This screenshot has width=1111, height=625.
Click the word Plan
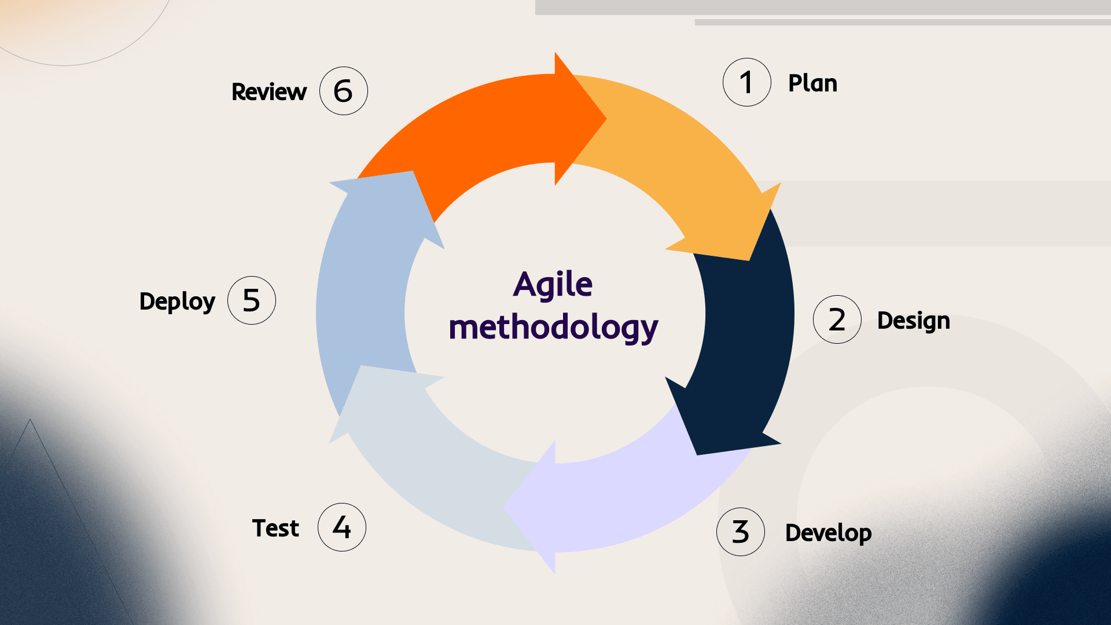click(x=812, y=83)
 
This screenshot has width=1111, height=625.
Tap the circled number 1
click(x=746, y=82)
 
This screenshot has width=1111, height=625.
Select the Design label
click(x=913, y=321)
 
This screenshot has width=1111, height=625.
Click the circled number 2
click(x=837, y=319)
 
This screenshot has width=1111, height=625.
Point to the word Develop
click(x=828, y=533)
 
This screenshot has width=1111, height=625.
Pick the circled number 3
click(x=740, y=532)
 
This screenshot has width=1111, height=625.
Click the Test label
click(x=275, y=528)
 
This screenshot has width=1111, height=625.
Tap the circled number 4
click(x=341, y=527)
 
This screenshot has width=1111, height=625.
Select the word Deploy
click(x=177, y=302)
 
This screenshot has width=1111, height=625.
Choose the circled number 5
click(x=251, y=300)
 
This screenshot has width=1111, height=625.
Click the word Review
click(x=269, y=92)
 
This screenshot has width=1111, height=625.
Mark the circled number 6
click(x=343, y=91)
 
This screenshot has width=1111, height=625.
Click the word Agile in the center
click(x=553, y=285)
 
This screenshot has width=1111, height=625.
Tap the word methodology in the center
click(x=553, y=328)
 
